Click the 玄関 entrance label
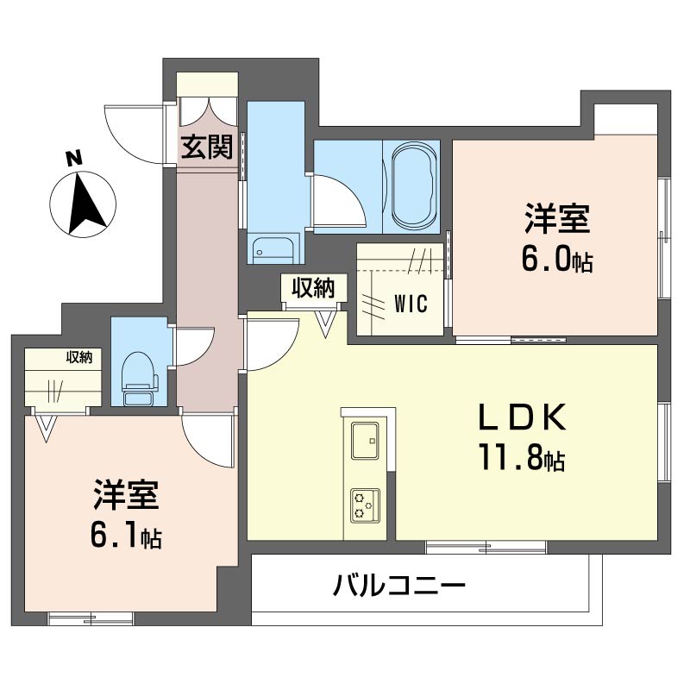[207, 147]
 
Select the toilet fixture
[140, 378]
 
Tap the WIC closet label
[411, 304]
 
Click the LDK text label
[522, 417]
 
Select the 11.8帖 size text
[522, 457]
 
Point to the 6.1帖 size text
[126, 536]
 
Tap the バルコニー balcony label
[399, 586]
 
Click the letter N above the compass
[74, 158]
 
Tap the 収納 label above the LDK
[314, 288]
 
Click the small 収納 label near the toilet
[79, 357]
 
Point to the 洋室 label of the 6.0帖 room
[556, 218]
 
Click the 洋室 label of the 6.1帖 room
[126, 494]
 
